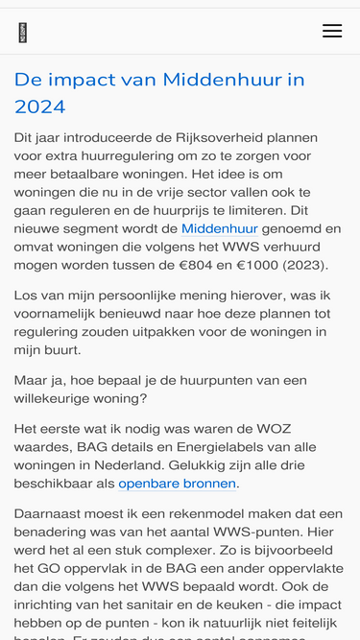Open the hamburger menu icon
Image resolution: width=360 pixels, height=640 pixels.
[332, 32]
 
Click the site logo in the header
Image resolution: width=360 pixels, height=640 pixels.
[23, 33]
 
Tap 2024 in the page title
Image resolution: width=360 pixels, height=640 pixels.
[40, 106]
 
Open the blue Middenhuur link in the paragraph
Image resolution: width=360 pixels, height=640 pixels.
[220, 228]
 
